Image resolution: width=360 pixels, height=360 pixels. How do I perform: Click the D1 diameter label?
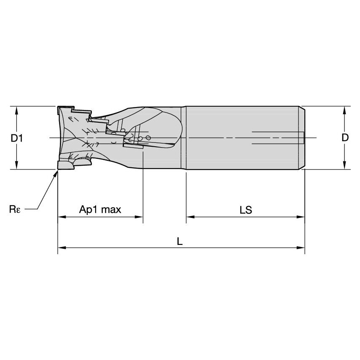(16, 138)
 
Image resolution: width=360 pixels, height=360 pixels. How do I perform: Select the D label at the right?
(345, 138)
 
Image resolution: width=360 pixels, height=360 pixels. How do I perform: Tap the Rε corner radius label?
(15, 209)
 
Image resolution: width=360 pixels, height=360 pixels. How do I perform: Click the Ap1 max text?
(100, 210)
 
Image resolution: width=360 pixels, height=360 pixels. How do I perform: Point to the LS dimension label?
(245, 210)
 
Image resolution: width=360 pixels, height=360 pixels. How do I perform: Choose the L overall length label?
(180, 241)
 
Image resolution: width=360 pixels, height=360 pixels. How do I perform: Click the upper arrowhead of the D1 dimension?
(16, 110)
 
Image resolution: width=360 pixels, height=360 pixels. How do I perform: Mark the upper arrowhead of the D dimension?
(345, 110)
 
